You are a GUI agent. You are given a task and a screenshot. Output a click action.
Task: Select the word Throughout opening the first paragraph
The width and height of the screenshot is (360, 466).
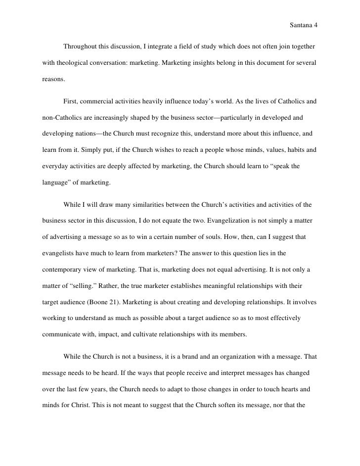[x=81, y=47]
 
